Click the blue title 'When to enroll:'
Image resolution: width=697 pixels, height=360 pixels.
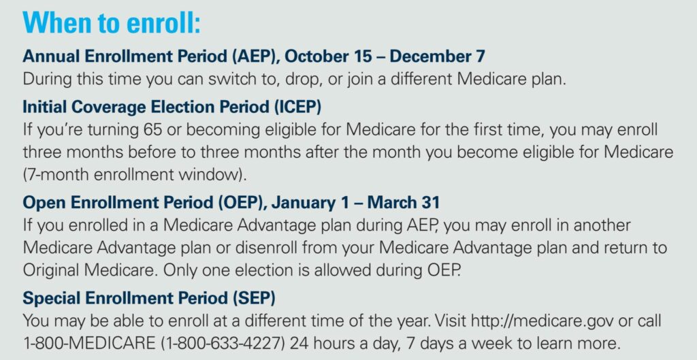(112, 22)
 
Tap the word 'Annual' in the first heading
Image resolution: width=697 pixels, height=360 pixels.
(52, 56)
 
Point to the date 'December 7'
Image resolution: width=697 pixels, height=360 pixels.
(438, 56)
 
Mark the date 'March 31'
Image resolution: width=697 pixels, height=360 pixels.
(403, 203)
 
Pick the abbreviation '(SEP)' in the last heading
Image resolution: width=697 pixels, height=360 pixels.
(255, 298)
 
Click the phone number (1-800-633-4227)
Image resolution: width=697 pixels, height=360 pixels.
(218, 344)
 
